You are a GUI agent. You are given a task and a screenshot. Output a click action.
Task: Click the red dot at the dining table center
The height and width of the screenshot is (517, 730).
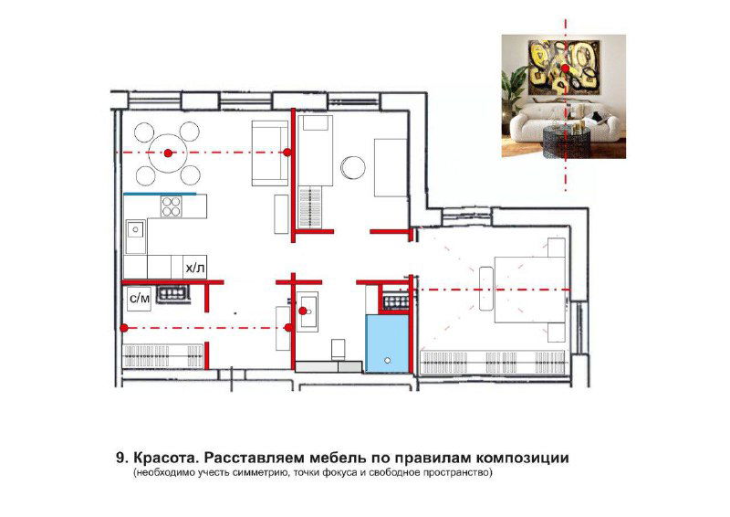(x=168, y=153)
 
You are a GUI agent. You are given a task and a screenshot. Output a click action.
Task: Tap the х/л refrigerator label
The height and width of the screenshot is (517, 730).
(x=194, y=268)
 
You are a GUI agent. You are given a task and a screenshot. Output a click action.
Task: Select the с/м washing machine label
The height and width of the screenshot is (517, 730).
(x=140, y=298)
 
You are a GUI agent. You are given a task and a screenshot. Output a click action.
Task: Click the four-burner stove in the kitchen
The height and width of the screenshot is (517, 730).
(x=172, y=206)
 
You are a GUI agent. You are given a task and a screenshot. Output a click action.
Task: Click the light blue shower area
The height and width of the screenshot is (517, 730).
(x=388, y=343)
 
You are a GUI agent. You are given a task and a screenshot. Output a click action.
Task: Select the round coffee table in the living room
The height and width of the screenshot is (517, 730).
(x=352, y=166)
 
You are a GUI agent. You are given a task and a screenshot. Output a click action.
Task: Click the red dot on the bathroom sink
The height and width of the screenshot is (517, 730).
(x=303, y=311)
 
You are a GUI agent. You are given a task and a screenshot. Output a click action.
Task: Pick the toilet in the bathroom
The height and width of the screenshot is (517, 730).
(x=338, y=349)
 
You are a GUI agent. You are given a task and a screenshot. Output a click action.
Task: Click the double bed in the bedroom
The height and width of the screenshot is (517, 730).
(x=527, y=290)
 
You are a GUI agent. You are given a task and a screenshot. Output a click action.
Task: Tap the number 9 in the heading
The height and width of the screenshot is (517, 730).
(x=120, y=456)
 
